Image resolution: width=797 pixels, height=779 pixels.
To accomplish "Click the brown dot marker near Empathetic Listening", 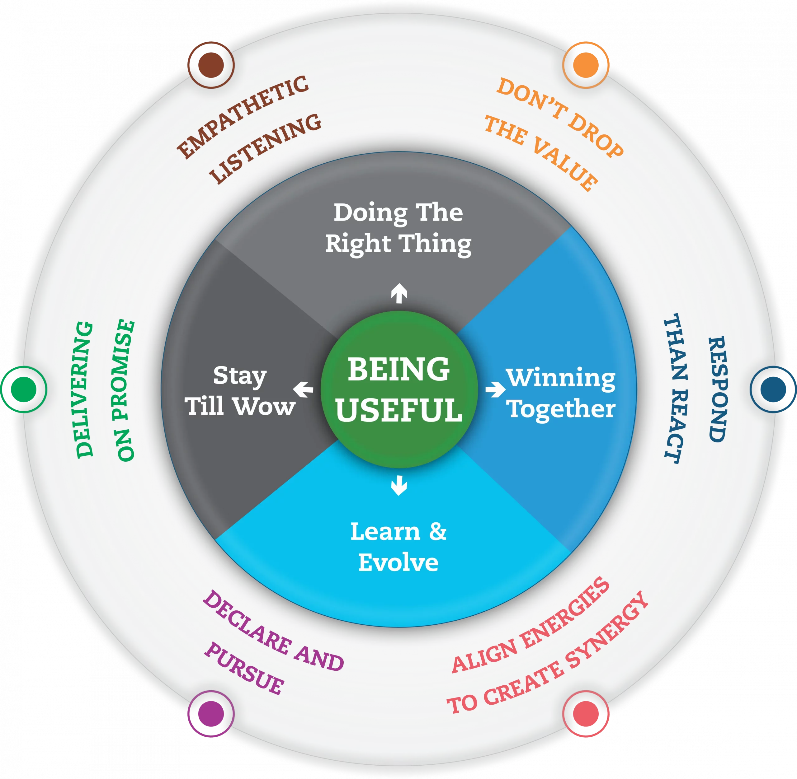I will tap(211, 64).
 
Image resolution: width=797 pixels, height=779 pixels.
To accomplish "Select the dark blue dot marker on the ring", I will tap(773, 389).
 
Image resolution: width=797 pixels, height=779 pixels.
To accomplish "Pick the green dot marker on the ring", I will tap(24, 389).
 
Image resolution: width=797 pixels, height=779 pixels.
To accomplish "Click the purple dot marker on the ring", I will tap(211, 714).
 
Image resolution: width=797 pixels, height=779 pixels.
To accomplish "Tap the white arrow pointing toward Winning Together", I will tap(495, 389).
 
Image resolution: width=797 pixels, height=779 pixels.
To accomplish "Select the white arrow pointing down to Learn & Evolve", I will tap(399, 485).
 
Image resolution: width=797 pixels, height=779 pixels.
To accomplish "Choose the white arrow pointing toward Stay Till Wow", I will tap(303, 389).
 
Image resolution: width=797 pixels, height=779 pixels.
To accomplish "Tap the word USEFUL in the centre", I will tap(399, 410).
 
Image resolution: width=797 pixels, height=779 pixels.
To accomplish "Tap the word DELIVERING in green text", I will tap(85, 389).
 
